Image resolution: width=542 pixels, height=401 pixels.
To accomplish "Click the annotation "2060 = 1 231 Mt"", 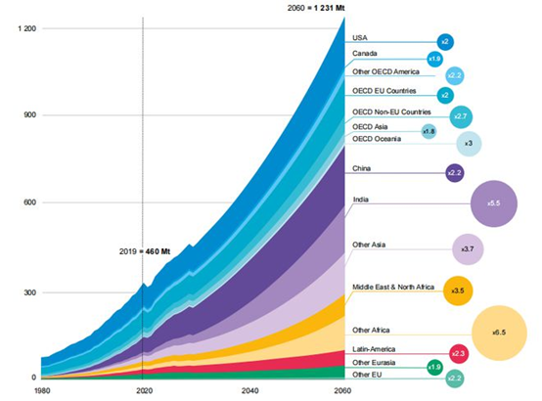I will (x=311, y=10).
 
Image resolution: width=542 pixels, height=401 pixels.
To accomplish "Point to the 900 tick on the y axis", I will (x=27, y=115).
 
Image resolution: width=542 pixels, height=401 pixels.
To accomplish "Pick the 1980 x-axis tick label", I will (x=43, y=390).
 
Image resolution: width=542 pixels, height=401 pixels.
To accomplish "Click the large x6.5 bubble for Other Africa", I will (x=499, y=333).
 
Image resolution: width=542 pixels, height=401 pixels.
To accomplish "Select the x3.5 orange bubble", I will (x=458, y=291).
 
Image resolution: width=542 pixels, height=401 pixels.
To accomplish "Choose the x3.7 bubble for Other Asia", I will (x=468, y=249).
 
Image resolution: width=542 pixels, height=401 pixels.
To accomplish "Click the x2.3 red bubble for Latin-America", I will (x=457, y=352).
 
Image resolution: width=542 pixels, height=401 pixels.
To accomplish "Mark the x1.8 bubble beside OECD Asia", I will (x=429, y=131).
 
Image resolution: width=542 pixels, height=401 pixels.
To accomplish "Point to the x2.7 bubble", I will (x=458, y=116).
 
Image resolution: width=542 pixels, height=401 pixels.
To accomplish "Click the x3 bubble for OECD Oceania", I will (x=469, y=144).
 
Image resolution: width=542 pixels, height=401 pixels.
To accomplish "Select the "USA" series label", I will (x=360, y=38).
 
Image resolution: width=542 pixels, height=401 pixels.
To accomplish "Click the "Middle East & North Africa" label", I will (x=392, y=285).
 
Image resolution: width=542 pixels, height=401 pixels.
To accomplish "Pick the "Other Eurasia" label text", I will (x=375, y=363).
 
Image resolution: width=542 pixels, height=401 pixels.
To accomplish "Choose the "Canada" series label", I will (x=365, y=53).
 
